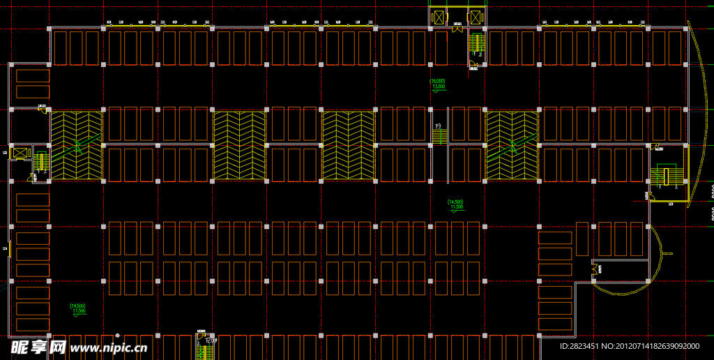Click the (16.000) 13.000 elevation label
pos(438,84)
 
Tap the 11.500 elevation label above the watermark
pos(77,308)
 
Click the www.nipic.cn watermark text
pos(109,347)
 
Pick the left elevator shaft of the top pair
pos(439,18)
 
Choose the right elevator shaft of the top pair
pos(476,18)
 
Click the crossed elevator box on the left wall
pos(21,152)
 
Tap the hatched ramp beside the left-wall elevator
pos(76,144)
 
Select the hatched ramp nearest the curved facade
pos(512,144)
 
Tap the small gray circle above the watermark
pos(117,336)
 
